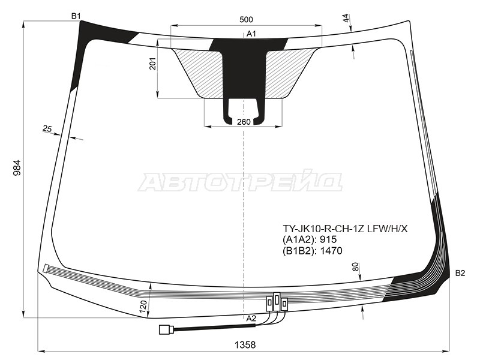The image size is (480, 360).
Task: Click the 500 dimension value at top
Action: [246, 20]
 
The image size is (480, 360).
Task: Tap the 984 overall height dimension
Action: [17, 167]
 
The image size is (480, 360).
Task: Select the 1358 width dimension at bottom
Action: [245, 345]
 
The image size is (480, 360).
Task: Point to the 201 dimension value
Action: [153, 64]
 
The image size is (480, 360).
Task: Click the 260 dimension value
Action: [244, 122]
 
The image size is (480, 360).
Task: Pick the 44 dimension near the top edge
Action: [346, 19]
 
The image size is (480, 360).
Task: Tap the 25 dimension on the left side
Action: [47, 129]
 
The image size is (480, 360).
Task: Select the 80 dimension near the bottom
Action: [355, 267]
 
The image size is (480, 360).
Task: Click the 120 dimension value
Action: [143, 307]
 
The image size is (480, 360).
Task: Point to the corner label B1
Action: [76, 16]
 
